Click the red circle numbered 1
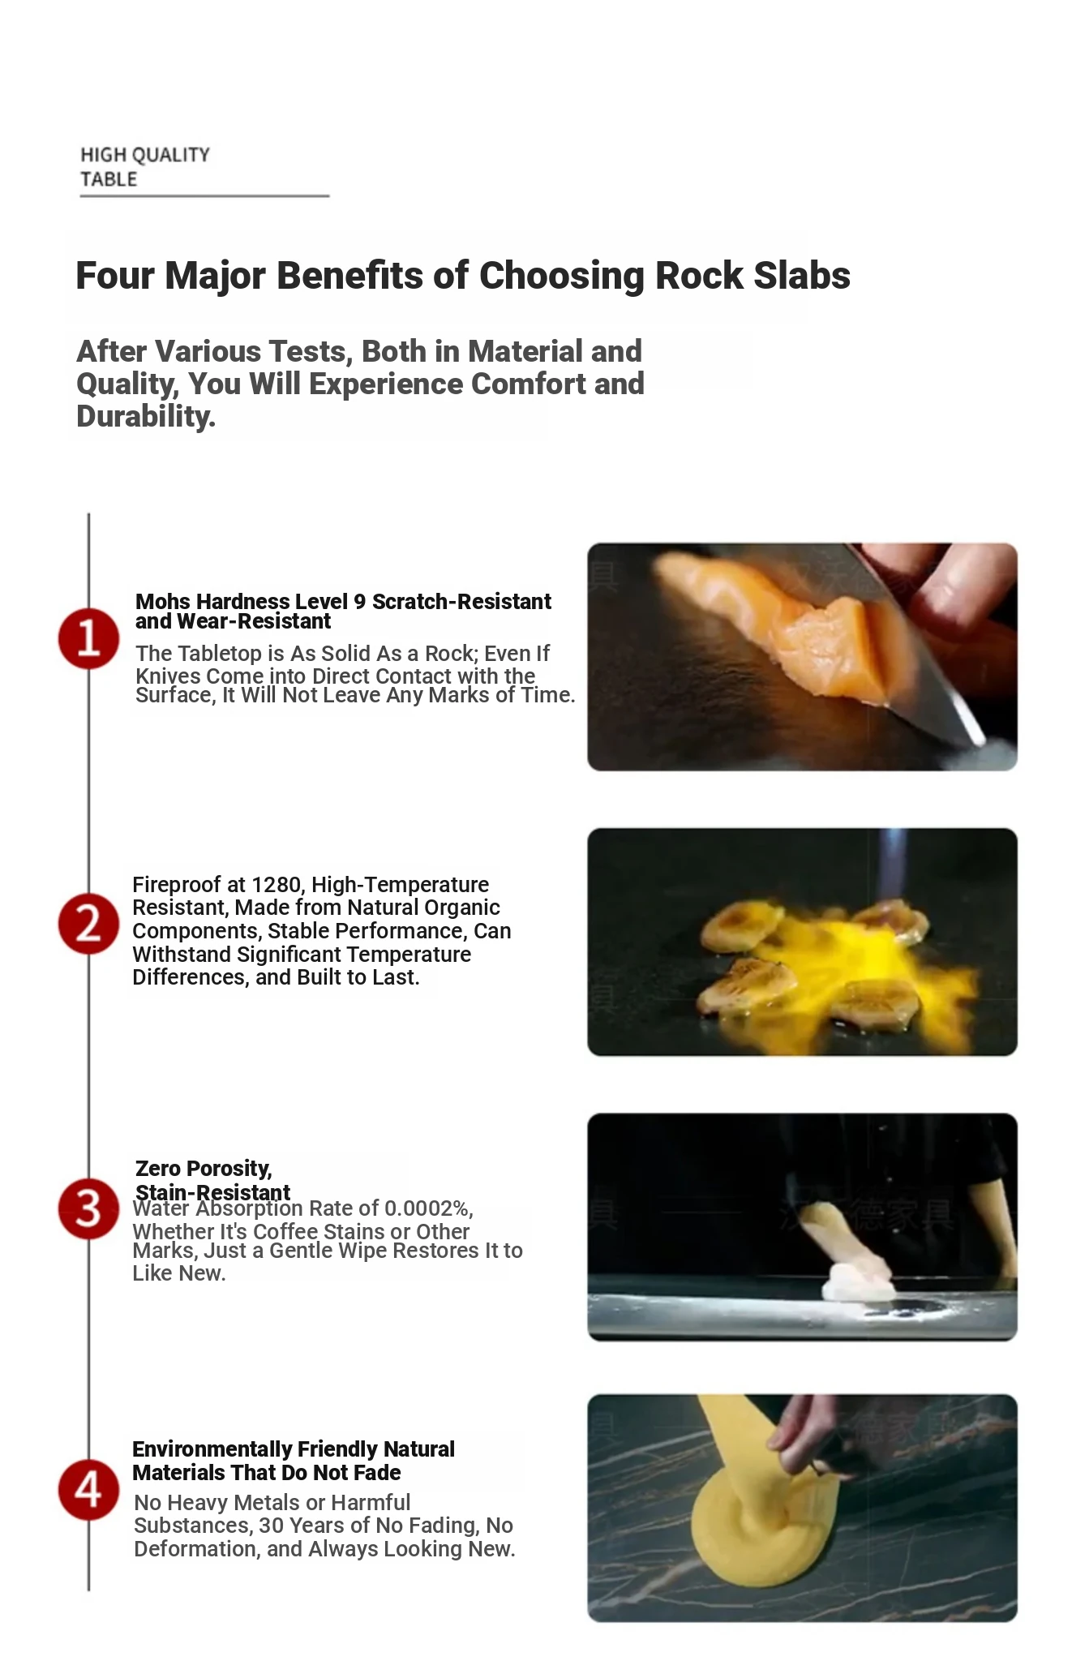pyautogui.click(x=88, y=638)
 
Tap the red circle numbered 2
pyautogui.click(x=88, y=923)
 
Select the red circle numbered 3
pyautogui.click(x=88, y=1208)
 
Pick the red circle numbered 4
pyautogui.click(x=88, y=1490)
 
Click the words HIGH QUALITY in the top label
pyautogui.click(x=145, y=155)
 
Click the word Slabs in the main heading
pyautogui.click(x=802, y=276)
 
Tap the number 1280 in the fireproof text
pyautogui.click(x=278, y=884)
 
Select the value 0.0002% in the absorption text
pyautogui.click(x=428, y=1208)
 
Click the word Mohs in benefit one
pyautogui.click(x=163, y=602)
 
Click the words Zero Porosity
pyautogui.click(x=204, y=1169)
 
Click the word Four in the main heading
pyautogui.click(x=116, y=276)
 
